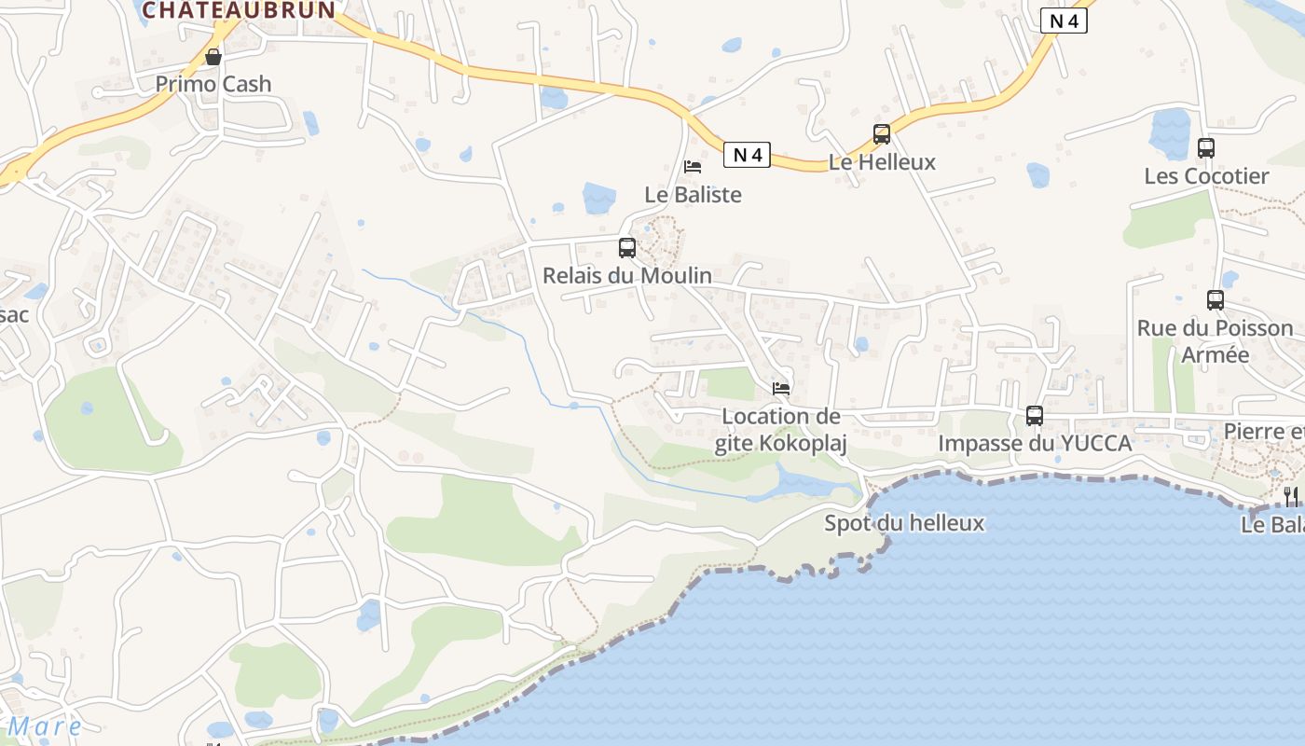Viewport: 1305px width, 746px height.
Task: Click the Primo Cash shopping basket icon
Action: [213, 57]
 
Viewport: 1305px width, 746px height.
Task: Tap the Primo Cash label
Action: [213, 84]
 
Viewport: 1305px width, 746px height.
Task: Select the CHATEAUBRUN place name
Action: [239, 10]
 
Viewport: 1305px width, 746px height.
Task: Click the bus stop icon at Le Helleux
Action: [882, 134]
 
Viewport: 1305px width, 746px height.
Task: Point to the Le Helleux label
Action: [882, 162]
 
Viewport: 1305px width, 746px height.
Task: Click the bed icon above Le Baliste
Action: [693, 167]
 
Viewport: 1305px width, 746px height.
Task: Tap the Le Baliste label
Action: [693, 195]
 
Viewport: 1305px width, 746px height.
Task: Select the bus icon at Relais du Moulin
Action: [627, 248]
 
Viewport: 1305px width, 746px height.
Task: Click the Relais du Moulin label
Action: [627, 276]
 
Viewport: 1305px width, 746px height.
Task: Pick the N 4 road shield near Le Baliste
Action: [747, 155]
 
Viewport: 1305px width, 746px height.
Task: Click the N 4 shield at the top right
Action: [1064, 21]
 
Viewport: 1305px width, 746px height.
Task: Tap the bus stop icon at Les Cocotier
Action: [1206, 148]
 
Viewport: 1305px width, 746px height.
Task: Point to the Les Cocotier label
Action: [1206, 176]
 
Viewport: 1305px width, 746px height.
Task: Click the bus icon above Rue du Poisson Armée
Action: [1216, 300]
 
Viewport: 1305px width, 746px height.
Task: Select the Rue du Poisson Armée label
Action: [1215, 341]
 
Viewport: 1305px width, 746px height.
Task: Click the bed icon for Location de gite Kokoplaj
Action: [781, 388]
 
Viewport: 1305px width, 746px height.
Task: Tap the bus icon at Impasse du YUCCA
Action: [1035, 416]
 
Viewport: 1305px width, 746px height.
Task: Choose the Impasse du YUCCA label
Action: [1035, 444]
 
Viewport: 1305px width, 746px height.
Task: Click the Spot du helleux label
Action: [904, 523]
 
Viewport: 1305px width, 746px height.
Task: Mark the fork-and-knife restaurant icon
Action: [1291, 496]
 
